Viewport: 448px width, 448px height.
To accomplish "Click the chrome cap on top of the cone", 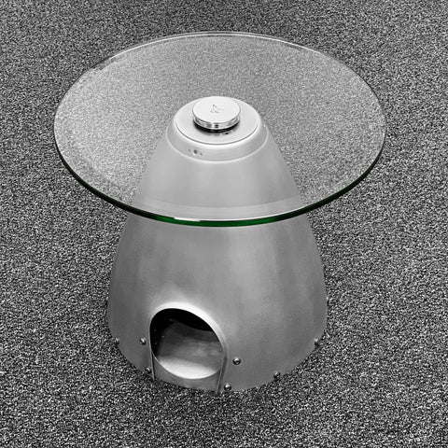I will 216,113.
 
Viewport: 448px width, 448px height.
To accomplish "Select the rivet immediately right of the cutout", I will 237,360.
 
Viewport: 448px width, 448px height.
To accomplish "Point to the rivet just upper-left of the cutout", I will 142,340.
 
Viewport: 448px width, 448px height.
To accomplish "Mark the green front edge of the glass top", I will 224,221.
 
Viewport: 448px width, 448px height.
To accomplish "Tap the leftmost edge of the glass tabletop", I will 56,126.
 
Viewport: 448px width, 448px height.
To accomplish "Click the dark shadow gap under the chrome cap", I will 216,129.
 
